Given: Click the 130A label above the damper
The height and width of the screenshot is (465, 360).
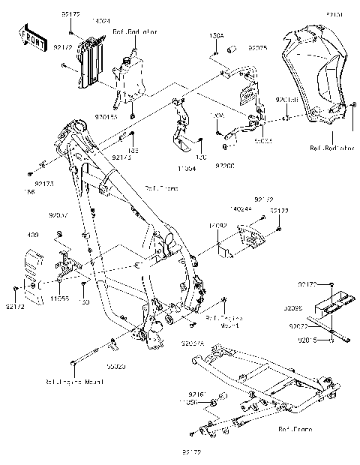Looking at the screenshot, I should tap(216, 35).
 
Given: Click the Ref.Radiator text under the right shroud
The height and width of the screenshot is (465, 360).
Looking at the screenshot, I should tap(330, 148).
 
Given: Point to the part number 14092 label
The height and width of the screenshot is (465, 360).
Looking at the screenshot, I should tap(216, 223).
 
